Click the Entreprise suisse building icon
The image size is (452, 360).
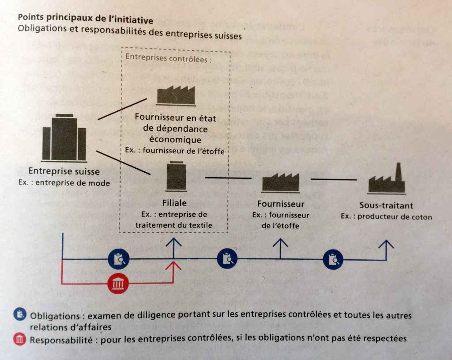tap(64, 138)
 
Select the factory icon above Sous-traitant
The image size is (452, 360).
tap(386, 180)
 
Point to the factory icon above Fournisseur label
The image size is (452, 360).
tap(280, 182)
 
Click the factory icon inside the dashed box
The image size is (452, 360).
tap(176, 95)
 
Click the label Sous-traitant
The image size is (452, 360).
tap(386, 205)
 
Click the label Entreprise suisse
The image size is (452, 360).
tap(64, 171)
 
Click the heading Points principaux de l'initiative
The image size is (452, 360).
tap(85, 20)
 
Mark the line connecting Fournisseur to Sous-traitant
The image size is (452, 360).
tap(333, 179)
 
